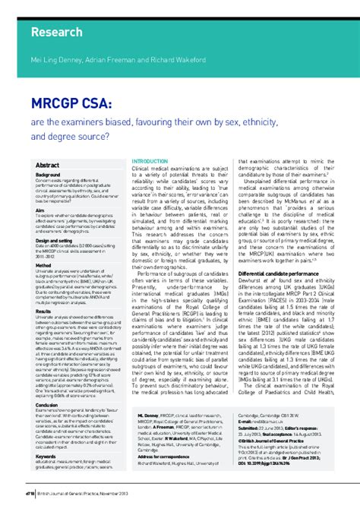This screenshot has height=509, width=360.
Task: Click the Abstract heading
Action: coord(48,165)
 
